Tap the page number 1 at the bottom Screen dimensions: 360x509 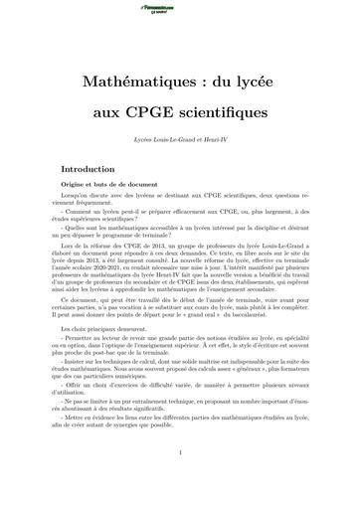click(180, 482)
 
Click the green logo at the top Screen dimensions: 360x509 click(180, 8)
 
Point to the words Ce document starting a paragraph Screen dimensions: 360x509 click(90, 299)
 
